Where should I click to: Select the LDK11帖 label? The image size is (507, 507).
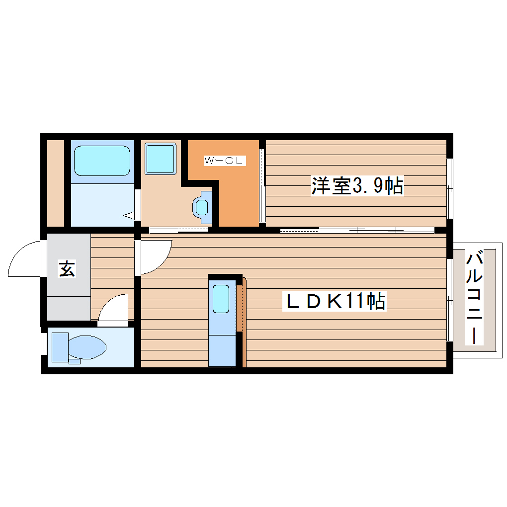pos(334,301)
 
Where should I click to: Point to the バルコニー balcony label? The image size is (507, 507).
pos(475,298)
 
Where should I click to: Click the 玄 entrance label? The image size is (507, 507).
pos(67,269)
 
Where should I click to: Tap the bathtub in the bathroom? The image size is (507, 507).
pos(102,160)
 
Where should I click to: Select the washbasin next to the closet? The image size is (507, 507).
pos(202,206)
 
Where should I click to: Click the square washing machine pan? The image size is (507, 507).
pos(161,159)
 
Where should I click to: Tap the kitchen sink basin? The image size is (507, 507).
pos(221,298)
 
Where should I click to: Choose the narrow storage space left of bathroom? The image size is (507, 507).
pos(56,182)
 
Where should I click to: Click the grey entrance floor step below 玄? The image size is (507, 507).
pos(69,308)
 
